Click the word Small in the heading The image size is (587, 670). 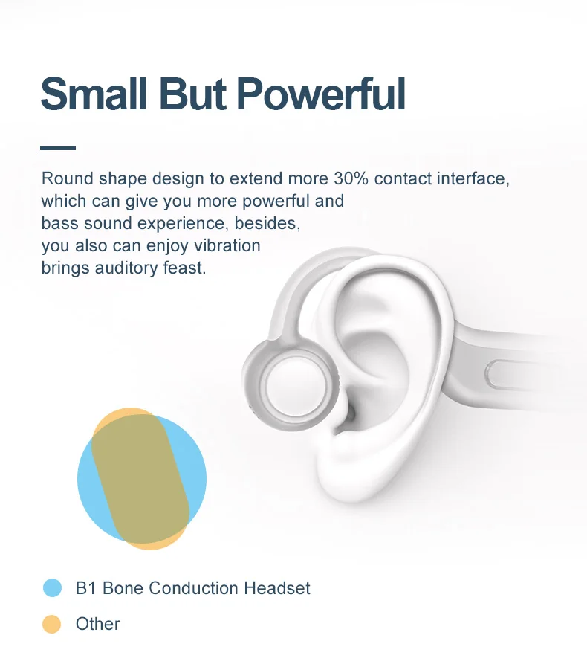tap(94, 94)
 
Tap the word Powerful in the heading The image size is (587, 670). tap(320, 94)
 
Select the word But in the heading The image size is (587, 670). tap(192, 94)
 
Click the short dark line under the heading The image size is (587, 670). tap(58, 148)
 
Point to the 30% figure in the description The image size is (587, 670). tap(351, 178)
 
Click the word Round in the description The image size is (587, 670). tap(68, 178)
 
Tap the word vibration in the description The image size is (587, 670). tap(227, 245)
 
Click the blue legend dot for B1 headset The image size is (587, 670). tap(53, 587)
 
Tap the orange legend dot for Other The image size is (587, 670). tap(52, 624)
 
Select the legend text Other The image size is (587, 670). tap(98, 624)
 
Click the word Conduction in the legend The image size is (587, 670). tap(193, 588)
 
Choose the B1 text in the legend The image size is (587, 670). tap(85, 588)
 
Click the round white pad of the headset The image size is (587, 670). tap(294, 385)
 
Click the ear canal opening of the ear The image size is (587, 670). tap(350, 413)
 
